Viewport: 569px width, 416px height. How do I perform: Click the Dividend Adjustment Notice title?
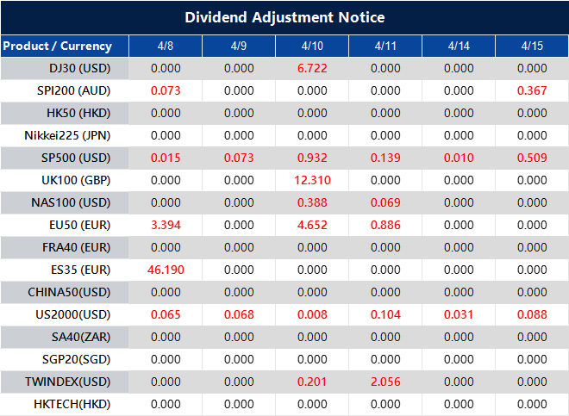tap(284, 17)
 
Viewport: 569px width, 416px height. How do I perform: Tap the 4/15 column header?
tap(533, 46)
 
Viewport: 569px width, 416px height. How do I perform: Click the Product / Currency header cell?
tap(57, 46)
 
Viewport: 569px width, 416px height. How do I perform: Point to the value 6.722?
tap(311, 68)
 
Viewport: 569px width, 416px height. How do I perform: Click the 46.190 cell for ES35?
tap(166, 270)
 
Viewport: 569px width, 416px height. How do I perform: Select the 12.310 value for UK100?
tap(311, 180)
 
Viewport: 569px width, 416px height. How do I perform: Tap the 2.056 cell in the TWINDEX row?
tap(385, 382)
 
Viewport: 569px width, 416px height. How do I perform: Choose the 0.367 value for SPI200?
tap(533, 90)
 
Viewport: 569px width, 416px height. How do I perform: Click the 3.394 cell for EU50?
tap(166, 225)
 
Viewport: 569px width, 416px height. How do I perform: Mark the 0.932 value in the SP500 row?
tap(311, 158)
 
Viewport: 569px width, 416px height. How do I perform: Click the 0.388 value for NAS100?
tap(311, 202)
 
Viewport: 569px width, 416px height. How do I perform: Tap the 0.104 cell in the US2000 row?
tap(385, 314)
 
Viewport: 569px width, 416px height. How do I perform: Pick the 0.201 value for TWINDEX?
tap(311, 382)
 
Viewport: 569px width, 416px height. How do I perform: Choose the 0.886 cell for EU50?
tap(385, 225)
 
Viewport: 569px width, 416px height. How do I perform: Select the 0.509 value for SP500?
tap(533, 158)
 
